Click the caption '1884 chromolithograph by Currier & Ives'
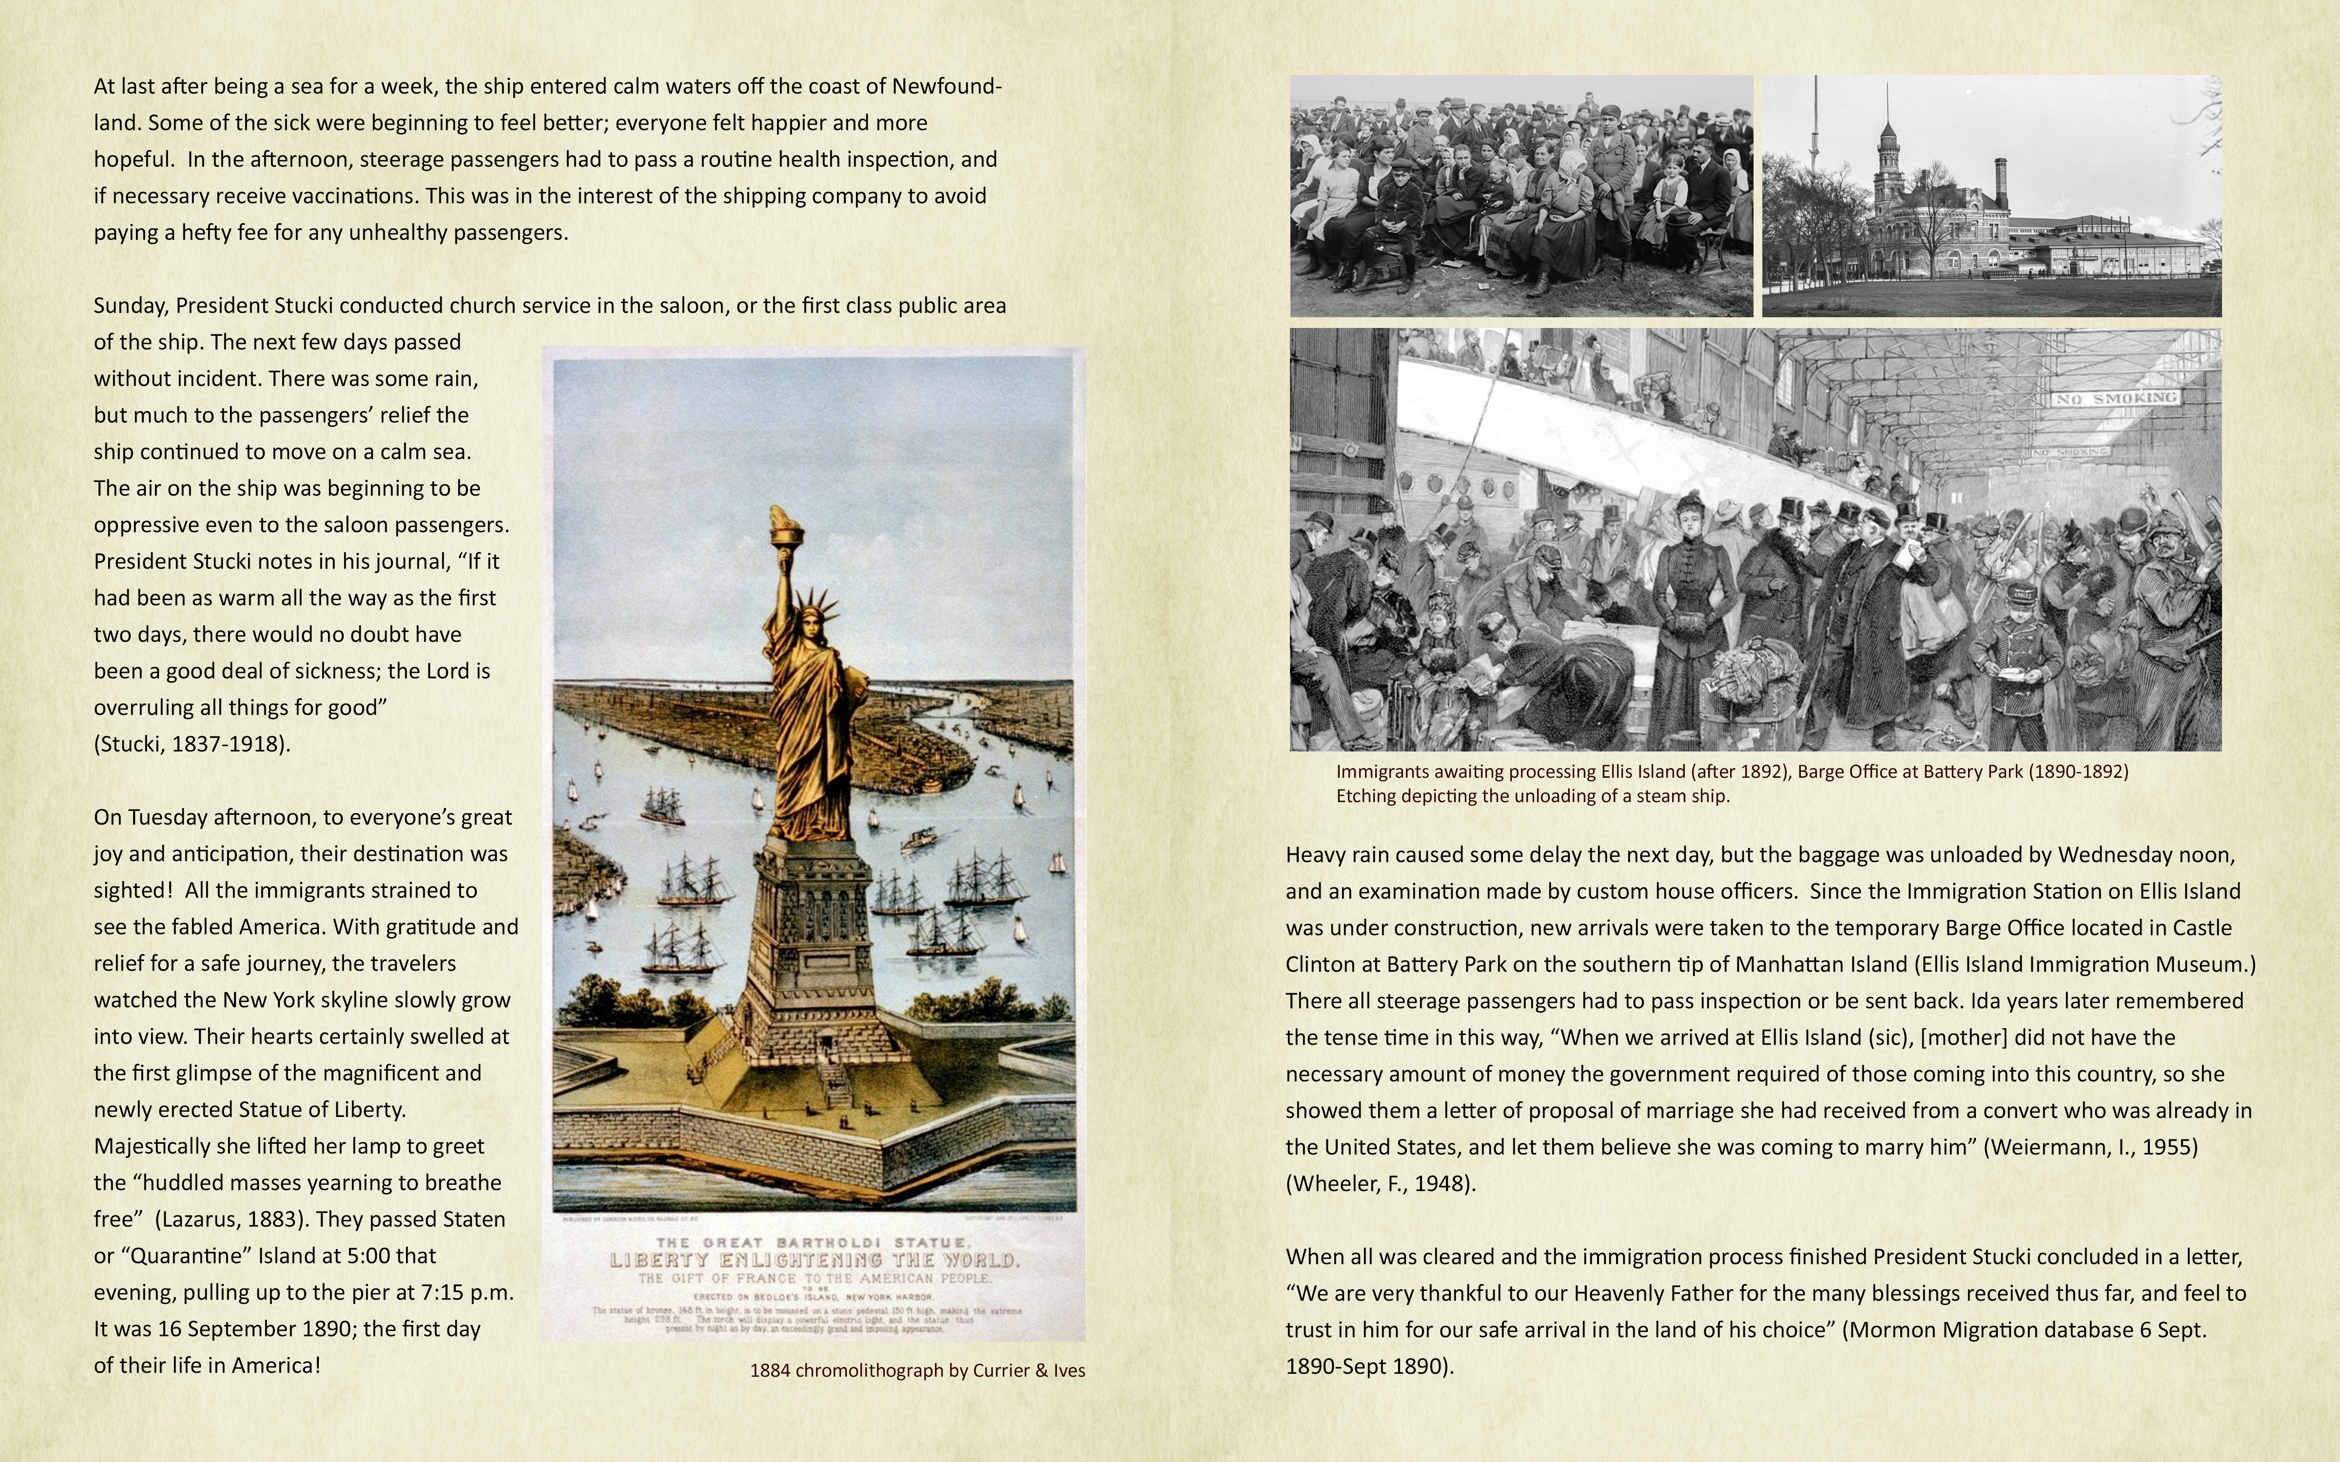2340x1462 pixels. click(x=916, y=1370)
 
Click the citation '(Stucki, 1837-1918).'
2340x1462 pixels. click(x=192, y=744)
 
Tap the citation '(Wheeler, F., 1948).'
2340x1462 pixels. click(x=1380, y=1184)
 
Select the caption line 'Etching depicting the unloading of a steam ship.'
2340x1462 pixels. click(x=1533, y=796)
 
